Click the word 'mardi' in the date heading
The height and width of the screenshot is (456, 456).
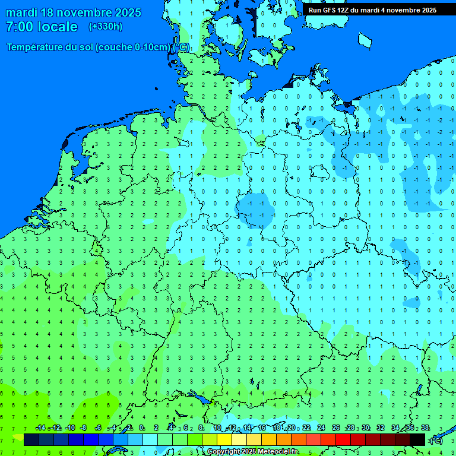(x=22, y=12)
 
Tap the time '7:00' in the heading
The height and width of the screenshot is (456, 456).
(x=18, y=27)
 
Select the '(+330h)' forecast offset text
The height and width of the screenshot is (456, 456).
(x=105, y=27)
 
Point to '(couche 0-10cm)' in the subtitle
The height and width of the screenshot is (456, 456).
(x=134, y=47)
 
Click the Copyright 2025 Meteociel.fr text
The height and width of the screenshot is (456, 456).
(x=252, y=452)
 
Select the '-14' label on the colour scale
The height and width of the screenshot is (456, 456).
(x=40, y=428)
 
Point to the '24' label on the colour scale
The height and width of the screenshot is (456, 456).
(x=321, y=428)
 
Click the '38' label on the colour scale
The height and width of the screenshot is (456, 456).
(x=425, y=428)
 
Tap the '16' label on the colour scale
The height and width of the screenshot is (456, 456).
(x=262, y=428)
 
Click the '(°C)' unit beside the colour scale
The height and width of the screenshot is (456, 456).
(x=436, y=440)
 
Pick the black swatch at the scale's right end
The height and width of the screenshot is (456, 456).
(x=417, y=439)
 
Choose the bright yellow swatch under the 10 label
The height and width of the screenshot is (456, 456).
(x=224, y=439)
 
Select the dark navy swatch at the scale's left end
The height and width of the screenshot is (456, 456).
(x=31, y=439)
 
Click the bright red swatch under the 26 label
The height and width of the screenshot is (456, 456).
(x=343, y=439)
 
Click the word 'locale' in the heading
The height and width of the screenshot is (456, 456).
(x=58, y=27)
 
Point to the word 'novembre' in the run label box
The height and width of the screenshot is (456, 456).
(x=404, y=10)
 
